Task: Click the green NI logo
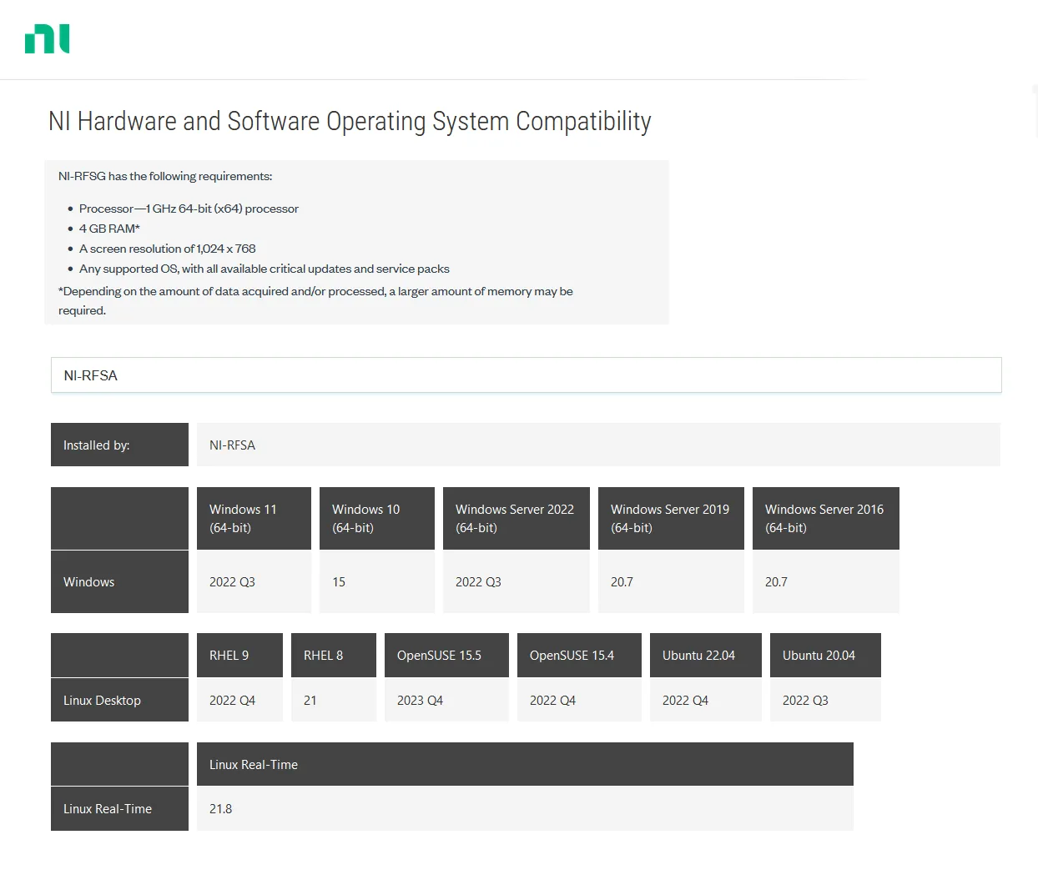pos(48,38)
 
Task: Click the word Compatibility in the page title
pos(583,122)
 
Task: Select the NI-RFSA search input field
pos(526,375)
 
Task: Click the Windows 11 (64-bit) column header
pos(254,518)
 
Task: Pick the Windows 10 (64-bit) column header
pos(376,518)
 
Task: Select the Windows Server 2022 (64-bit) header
pos(516,518)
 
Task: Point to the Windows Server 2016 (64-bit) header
pos(825,518)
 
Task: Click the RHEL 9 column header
pos(239,655)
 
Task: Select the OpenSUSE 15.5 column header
pos(446,655)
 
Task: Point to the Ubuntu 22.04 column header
pos(706,655)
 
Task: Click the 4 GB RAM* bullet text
pos(109,229)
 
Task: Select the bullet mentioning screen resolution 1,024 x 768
pos(167,249)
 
